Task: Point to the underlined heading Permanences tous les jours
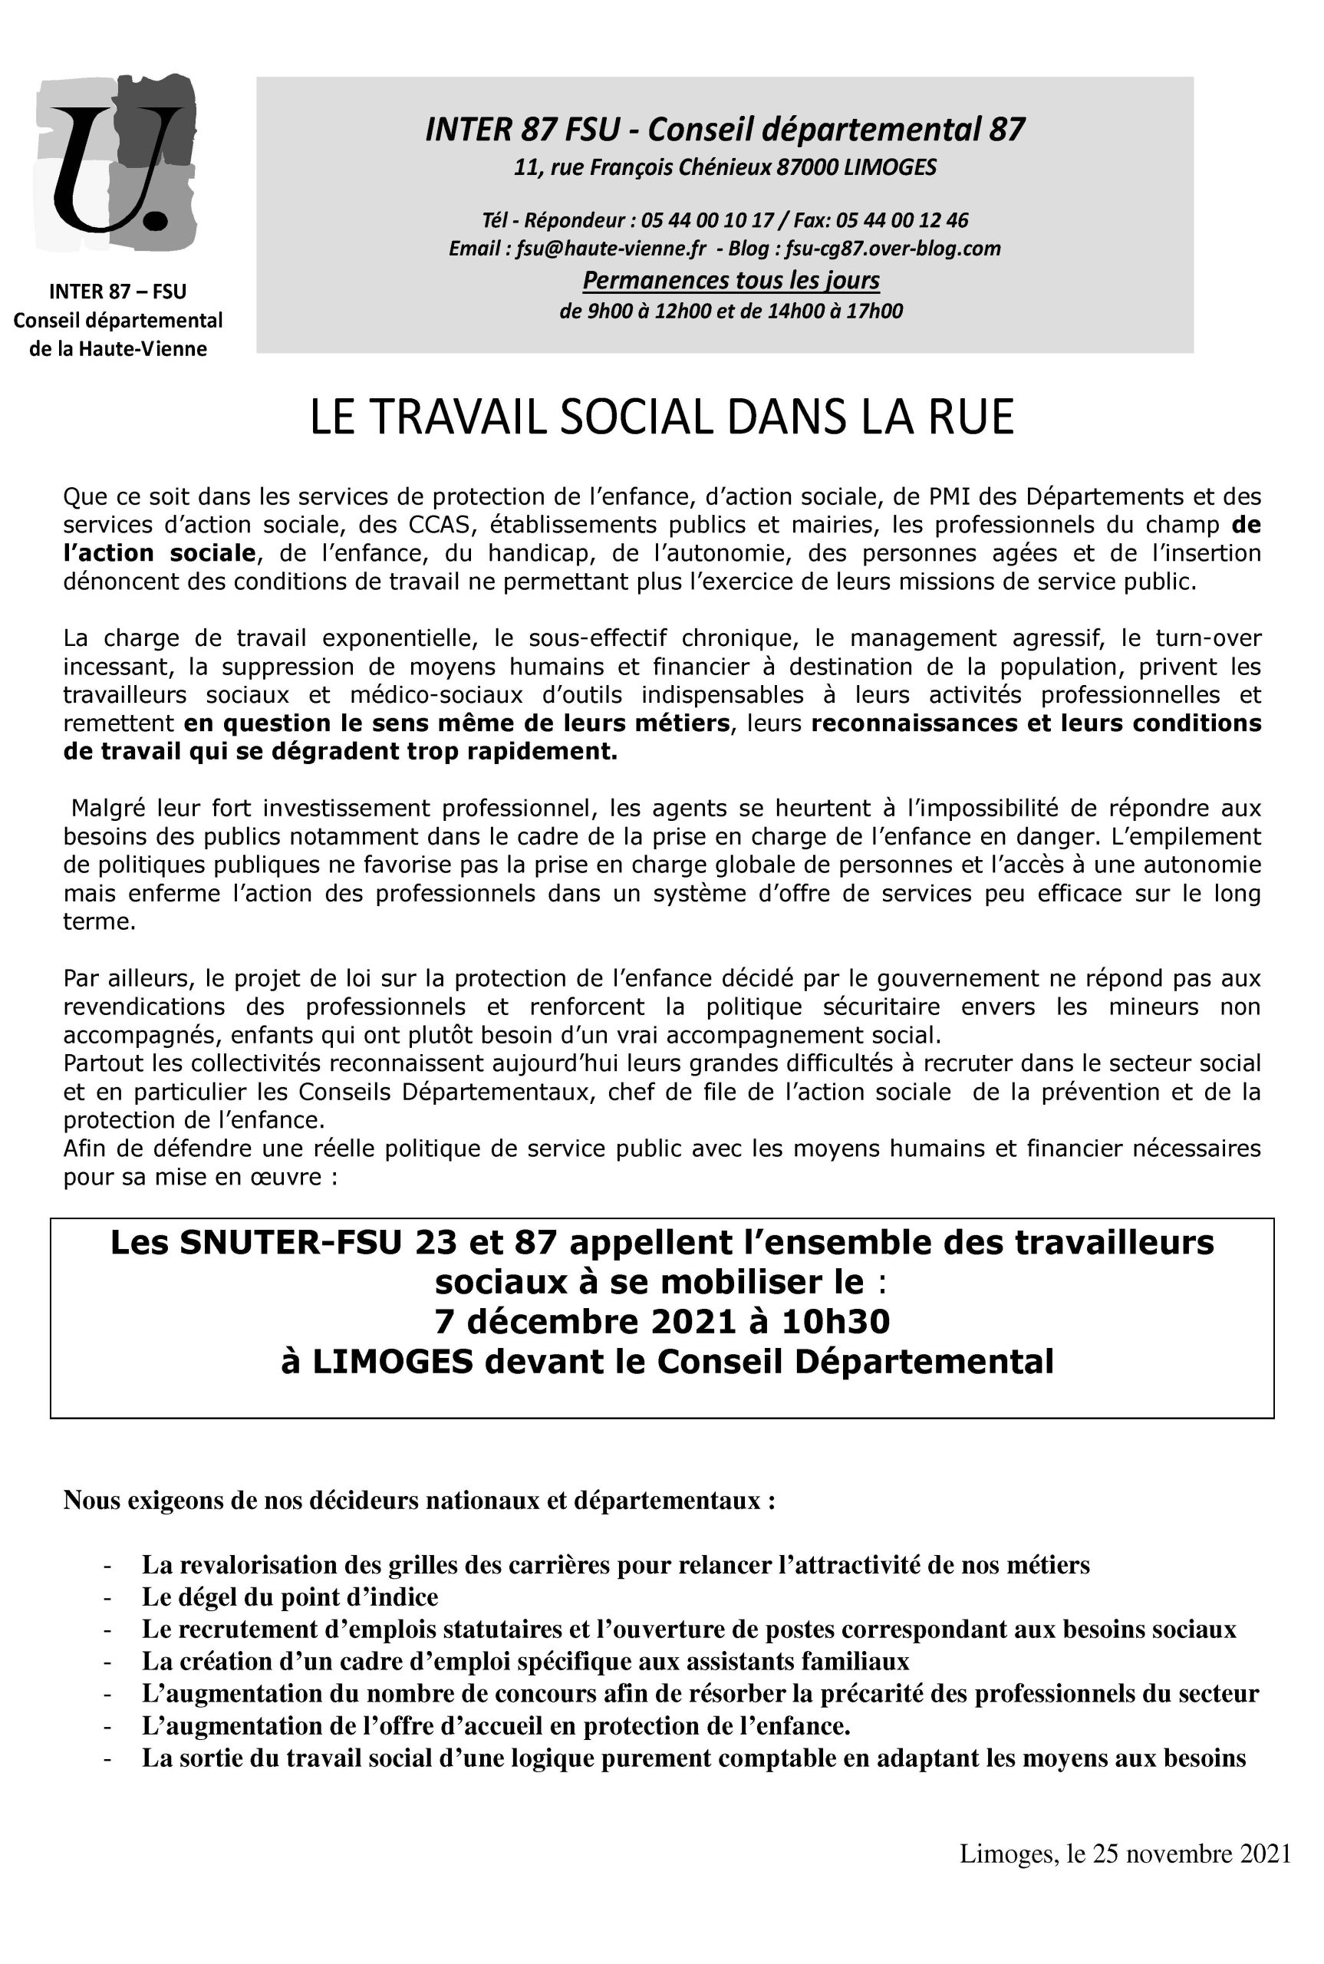coord(731,279)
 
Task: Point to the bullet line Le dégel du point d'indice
coord(290,1597)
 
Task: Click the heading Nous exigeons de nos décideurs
coord(420,1501)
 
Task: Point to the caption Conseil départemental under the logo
coord(117,321)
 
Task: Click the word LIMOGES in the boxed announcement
coord(393,1361)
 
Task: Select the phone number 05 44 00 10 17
coord(706,220)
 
